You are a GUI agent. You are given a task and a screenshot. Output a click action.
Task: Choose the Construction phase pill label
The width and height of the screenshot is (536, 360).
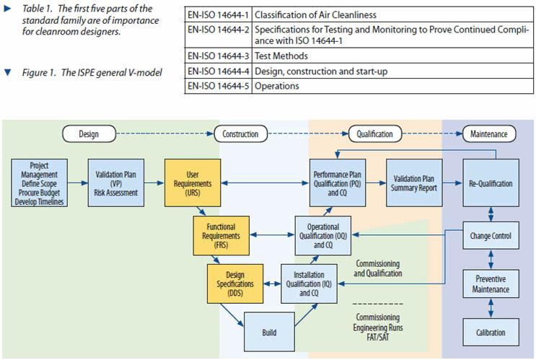(x=240, y=133)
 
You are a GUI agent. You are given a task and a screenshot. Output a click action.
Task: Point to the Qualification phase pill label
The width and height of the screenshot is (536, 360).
(x=376, y=133)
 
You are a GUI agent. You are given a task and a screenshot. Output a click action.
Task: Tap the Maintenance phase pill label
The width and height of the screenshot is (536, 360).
(x=488, y=133)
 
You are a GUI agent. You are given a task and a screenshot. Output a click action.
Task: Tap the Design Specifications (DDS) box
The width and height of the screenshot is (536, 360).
(x=235, y=284)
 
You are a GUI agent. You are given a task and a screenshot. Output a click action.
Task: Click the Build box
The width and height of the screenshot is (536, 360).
(x=269, y=333)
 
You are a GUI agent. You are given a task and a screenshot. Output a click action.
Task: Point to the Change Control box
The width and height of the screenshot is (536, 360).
(x=491, y=236)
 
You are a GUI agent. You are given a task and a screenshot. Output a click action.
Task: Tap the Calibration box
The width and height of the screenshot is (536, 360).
(x=491, y=333)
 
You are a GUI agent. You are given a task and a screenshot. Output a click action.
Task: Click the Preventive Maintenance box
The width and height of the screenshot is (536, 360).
(x=491, y=284)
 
